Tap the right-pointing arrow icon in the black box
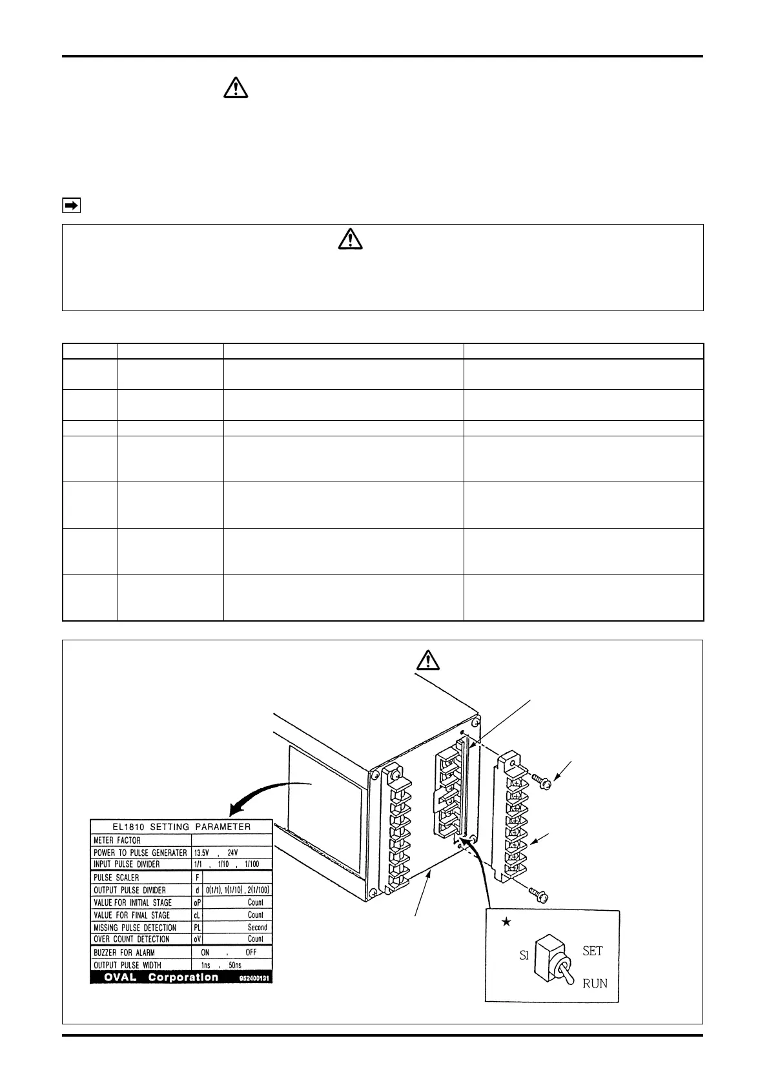click(71, 206)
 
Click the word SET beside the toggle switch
click(592, 951)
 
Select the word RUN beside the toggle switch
click(595, 984)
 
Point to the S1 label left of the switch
click(524, 956)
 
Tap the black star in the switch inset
click(506, 922)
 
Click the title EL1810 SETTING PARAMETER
click(181, 826)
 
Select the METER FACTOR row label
click(117, 840)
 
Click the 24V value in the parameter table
click(232, 853)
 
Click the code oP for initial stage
click(198, 902)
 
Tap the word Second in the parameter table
click(257, 927)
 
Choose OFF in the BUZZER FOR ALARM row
click(251, 952)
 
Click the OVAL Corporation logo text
click(161, 977)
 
